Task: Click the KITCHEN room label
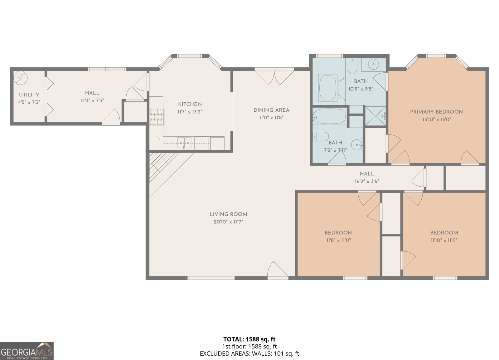190,104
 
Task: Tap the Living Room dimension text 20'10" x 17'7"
228,222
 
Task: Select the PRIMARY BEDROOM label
437,112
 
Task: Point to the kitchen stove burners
157,116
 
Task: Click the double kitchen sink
184,142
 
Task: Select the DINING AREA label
271,110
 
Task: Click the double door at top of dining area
274,77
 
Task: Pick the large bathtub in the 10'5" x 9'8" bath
328,87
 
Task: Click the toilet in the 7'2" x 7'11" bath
321,137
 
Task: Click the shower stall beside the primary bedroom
375,116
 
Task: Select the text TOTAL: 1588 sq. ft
249,339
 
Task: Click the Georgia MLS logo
27,351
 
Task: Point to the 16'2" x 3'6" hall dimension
367,182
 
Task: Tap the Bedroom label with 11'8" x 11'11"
338,233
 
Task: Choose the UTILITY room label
29,95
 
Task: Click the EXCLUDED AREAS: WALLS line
249,354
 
